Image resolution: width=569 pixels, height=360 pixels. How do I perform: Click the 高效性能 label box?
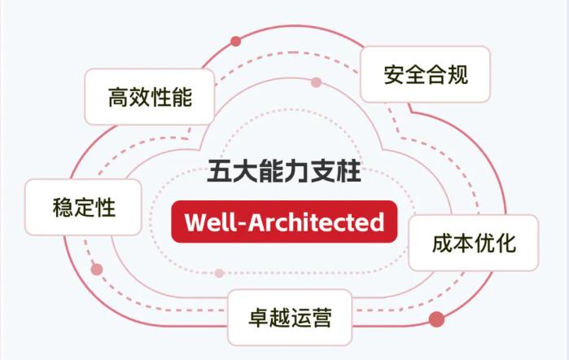point(150,98)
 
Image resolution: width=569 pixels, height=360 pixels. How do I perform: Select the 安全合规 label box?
point(425,74)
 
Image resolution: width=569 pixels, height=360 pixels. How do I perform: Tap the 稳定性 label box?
point(84,207)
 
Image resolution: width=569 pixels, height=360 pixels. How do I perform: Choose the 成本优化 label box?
point(473,243)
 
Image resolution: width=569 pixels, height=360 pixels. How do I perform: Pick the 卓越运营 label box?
point(290,317)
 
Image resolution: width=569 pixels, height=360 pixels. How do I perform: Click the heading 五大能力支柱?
point(284,172)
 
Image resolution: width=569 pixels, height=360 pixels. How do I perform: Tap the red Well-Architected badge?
point(284,221)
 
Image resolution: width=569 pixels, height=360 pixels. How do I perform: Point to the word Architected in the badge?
point(317,221)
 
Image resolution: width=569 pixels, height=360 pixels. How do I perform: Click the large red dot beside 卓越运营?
point(436,318)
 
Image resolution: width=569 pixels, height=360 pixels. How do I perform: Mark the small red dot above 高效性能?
point(236,41)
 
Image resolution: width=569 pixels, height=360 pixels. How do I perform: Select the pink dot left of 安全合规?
point(317,82)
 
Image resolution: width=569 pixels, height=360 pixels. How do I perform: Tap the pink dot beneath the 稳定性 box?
point(97,269)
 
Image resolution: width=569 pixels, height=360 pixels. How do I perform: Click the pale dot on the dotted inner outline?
point(219,273)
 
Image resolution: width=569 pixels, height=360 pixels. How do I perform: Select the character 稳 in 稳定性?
point(63,207)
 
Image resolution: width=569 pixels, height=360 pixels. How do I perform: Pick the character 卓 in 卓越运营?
point(259,317)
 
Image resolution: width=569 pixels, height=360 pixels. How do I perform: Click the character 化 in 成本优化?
point(505,243)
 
